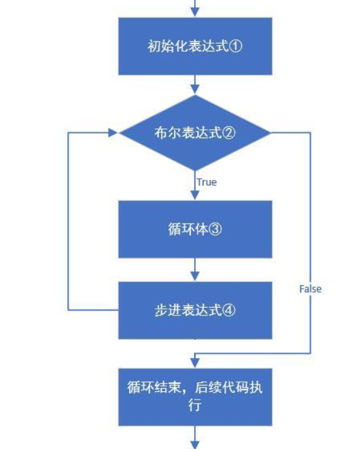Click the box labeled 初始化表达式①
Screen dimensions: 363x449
(195, 46)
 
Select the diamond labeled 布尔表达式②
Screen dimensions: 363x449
(195, 132)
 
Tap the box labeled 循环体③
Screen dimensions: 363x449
(195, 229)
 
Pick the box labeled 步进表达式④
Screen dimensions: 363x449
(195, 310)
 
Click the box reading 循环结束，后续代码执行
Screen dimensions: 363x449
(195, 397)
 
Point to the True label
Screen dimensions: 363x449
(207, 182)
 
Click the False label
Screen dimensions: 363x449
(310, 289)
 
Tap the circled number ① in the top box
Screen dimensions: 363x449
(236, 46)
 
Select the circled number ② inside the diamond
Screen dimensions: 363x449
(229, 132)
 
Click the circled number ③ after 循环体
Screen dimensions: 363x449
(215, 229)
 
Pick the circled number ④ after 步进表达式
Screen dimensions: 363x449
(229, 310)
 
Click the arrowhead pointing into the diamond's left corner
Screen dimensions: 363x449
(114, 132)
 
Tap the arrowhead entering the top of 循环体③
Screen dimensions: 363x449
(195, 195)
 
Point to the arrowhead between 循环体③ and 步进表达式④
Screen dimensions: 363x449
(195, 277)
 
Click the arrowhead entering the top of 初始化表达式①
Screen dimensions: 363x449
(195, 12)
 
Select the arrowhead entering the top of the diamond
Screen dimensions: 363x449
(195, 90)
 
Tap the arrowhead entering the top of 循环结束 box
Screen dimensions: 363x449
(195, 364)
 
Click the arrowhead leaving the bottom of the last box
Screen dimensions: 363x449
(195, 445)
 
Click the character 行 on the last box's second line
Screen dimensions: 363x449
(195, 405)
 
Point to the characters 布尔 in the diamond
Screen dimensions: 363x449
(168, 132)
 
